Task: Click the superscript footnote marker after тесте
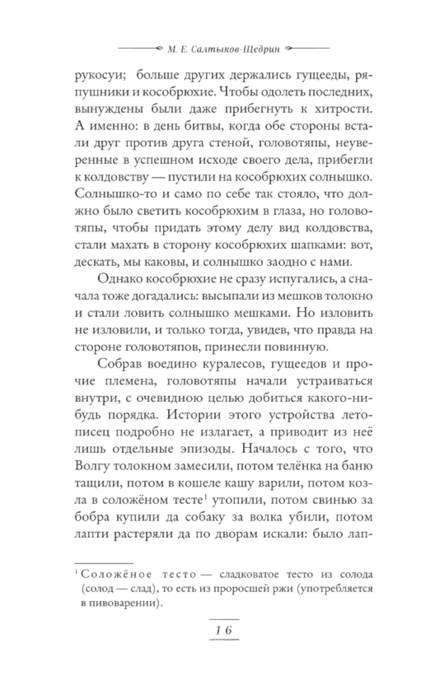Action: tap(205, 496)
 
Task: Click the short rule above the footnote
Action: tap(104, 563)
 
